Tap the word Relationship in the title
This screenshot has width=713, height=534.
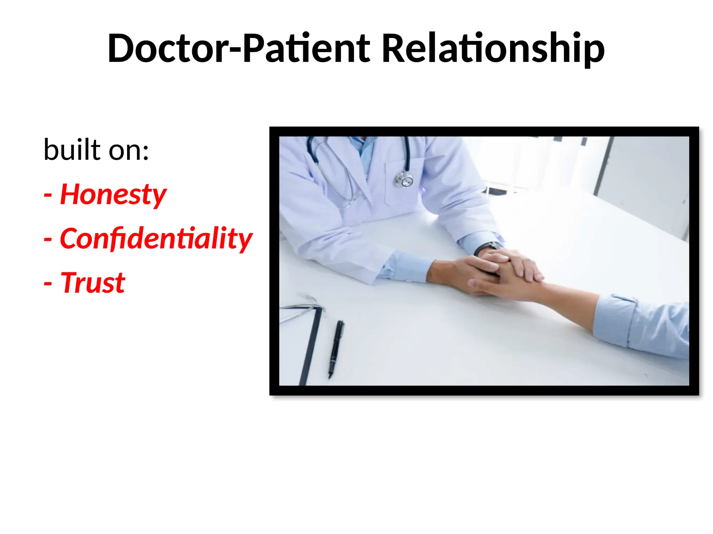coord(493,49)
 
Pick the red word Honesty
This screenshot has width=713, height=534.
coord(113,195)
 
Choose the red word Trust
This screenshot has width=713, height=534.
coord(93,283)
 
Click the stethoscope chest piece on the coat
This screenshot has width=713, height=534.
coord(404,179)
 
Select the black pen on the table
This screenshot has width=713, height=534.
coord(336,349)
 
